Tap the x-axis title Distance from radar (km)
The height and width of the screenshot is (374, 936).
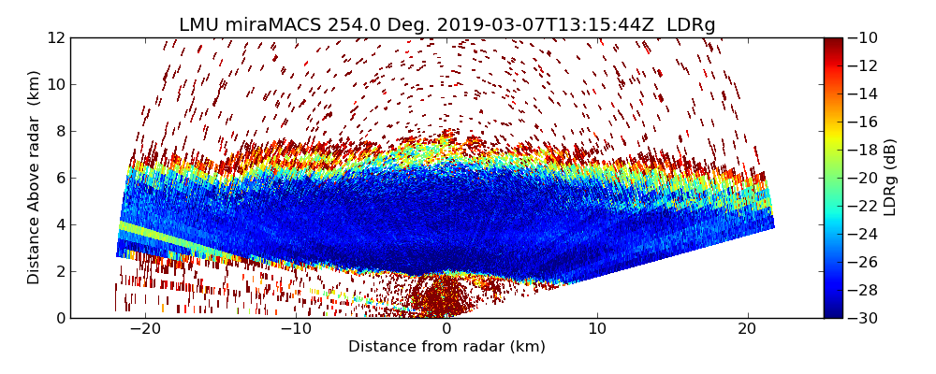446,347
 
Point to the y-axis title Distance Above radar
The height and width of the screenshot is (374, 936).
35,177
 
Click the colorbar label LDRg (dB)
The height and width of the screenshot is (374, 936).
890,177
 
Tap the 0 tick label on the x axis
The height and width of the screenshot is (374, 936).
446,329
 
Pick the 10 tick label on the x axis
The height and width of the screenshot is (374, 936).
597,329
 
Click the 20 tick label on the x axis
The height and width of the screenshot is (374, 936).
747,329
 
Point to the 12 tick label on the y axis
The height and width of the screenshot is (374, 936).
55,37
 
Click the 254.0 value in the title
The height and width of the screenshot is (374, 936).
354,25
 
